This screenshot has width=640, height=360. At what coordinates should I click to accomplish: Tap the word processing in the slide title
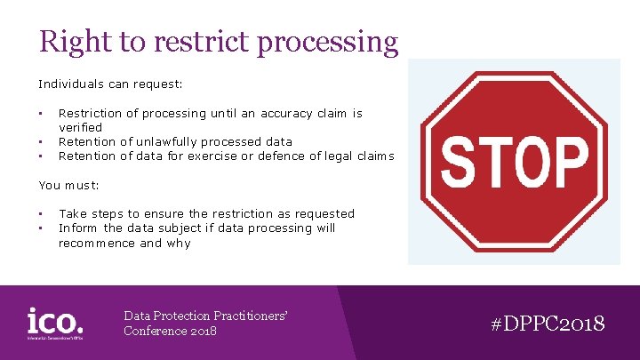click(331, 43)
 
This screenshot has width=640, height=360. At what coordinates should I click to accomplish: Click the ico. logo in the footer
click(55, 323)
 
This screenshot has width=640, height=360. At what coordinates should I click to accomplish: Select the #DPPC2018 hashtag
click(548, 323)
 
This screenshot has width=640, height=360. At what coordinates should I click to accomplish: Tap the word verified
click(80, 127)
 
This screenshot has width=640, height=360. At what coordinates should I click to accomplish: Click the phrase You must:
click(68, 185)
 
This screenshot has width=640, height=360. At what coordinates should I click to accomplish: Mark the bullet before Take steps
click(41, 213)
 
